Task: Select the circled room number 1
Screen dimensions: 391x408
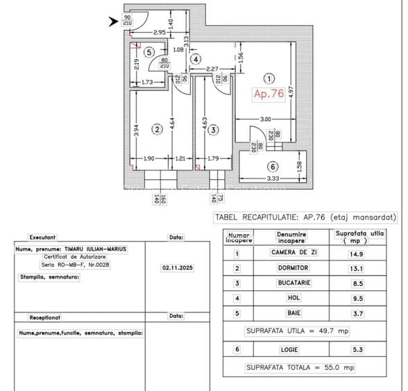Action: [270, 79]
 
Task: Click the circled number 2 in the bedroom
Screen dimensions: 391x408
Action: [158, 129]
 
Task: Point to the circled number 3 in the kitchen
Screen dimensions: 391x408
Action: [214, 129]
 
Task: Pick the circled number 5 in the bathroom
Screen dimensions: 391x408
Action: [149, 51]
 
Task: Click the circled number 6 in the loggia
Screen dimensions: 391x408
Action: [273, 167]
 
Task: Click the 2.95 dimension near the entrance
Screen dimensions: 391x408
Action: [159, 32]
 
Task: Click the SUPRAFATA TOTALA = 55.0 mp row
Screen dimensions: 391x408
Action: [310, 367]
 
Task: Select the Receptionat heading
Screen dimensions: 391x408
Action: [45, 317]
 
